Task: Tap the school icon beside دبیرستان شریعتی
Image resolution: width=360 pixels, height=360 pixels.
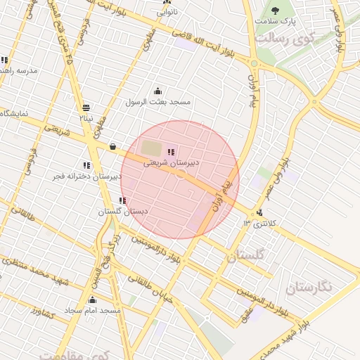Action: (x=171, y=152)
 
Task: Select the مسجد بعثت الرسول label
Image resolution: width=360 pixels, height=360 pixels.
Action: (x=158, y=102)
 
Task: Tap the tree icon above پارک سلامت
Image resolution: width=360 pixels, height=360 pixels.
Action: (x=275, y=10)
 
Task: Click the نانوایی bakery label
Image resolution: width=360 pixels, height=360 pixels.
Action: (x=167, y=12)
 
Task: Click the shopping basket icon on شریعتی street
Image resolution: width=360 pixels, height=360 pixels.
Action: (x=113, y=146)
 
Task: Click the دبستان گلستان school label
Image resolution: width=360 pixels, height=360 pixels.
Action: (x=122, y=211)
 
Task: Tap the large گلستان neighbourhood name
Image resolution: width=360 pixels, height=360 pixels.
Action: (x=246, y=256)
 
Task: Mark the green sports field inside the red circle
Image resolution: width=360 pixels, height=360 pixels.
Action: (x=151, y=148)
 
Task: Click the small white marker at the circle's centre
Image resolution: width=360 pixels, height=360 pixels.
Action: (x=181, y=173)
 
